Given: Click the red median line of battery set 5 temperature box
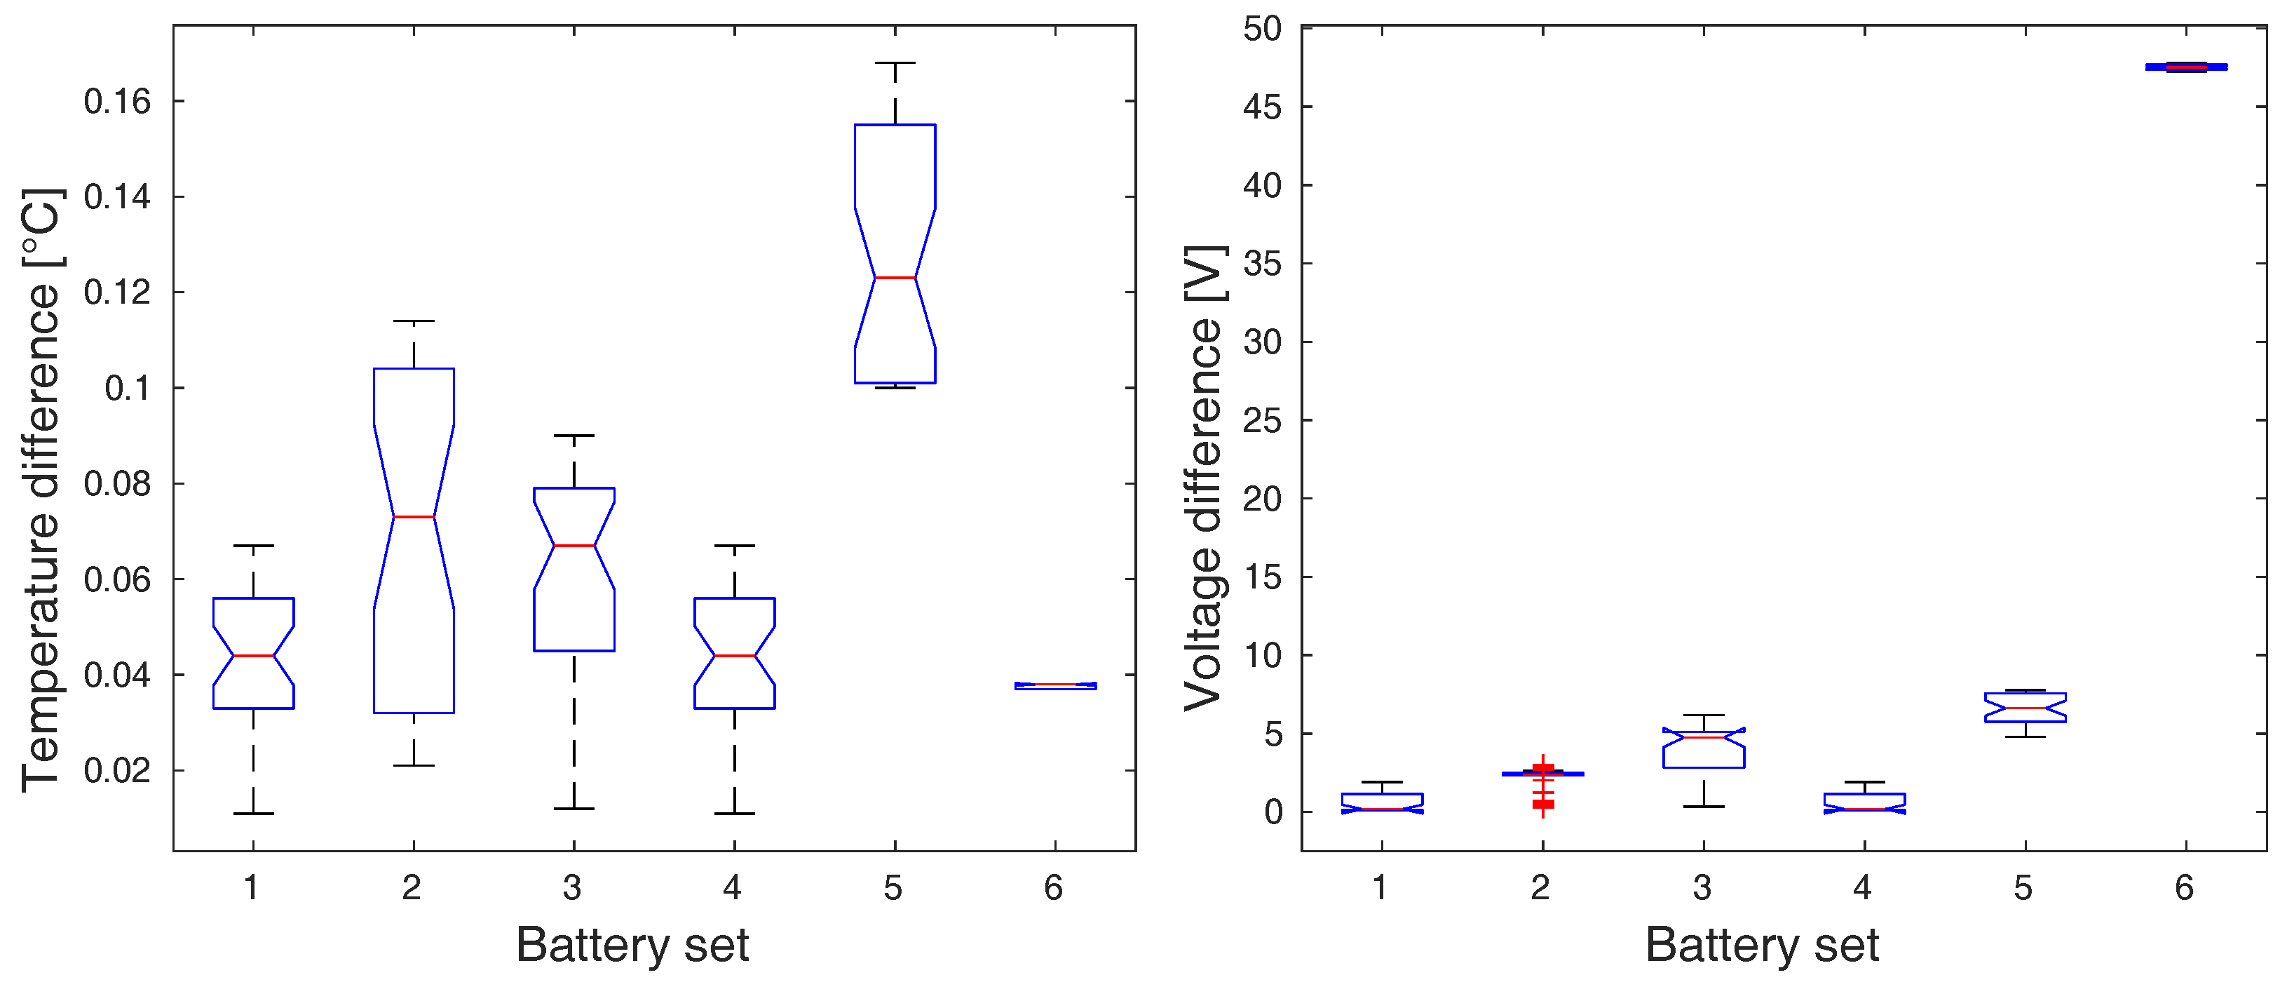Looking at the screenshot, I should pos(895,278).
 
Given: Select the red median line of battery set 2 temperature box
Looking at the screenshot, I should pos(414,516).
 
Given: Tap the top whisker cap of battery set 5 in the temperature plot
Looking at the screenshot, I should pos(895,63).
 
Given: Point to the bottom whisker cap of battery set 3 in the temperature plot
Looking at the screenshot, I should pos(574,809).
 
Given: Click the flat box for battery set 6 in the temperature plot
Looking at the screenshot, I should pos(1055,685).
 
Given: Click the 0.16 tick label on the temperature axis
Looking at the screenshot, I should pos(118,102).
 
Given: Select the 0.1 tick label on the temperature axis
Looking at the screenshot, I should pos(128,388).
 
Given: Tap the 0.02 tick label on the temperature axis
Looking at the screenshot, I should pos(118,770).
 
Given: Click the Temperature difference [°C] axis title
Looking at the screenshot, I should pos(41,490).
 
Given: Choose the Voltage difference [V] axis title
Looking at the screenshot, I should pos(1205,478).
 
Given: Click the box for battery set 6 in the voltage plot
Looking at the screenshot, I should pos(2186,67).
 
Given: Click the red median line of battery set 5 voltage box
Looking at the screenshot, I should pos(2025,708).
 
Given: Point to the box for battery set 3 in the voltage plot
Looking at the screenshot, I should pos(1703,750).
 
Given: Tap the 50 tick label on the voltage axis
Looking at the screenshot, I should pos(1262,29).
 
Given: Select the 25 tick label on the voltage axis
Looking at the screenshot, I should pos(1262,421).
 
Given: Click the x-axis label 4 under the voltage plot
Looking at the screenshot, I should pos(1862,887).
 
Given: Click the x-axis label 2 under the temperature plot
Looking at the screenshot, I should pos(412,887).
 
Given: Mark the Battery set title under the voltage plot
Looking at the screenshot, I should pos(1761,945).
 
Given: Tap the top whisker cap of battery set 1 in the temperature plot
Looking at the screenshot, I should pos(253,546).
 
